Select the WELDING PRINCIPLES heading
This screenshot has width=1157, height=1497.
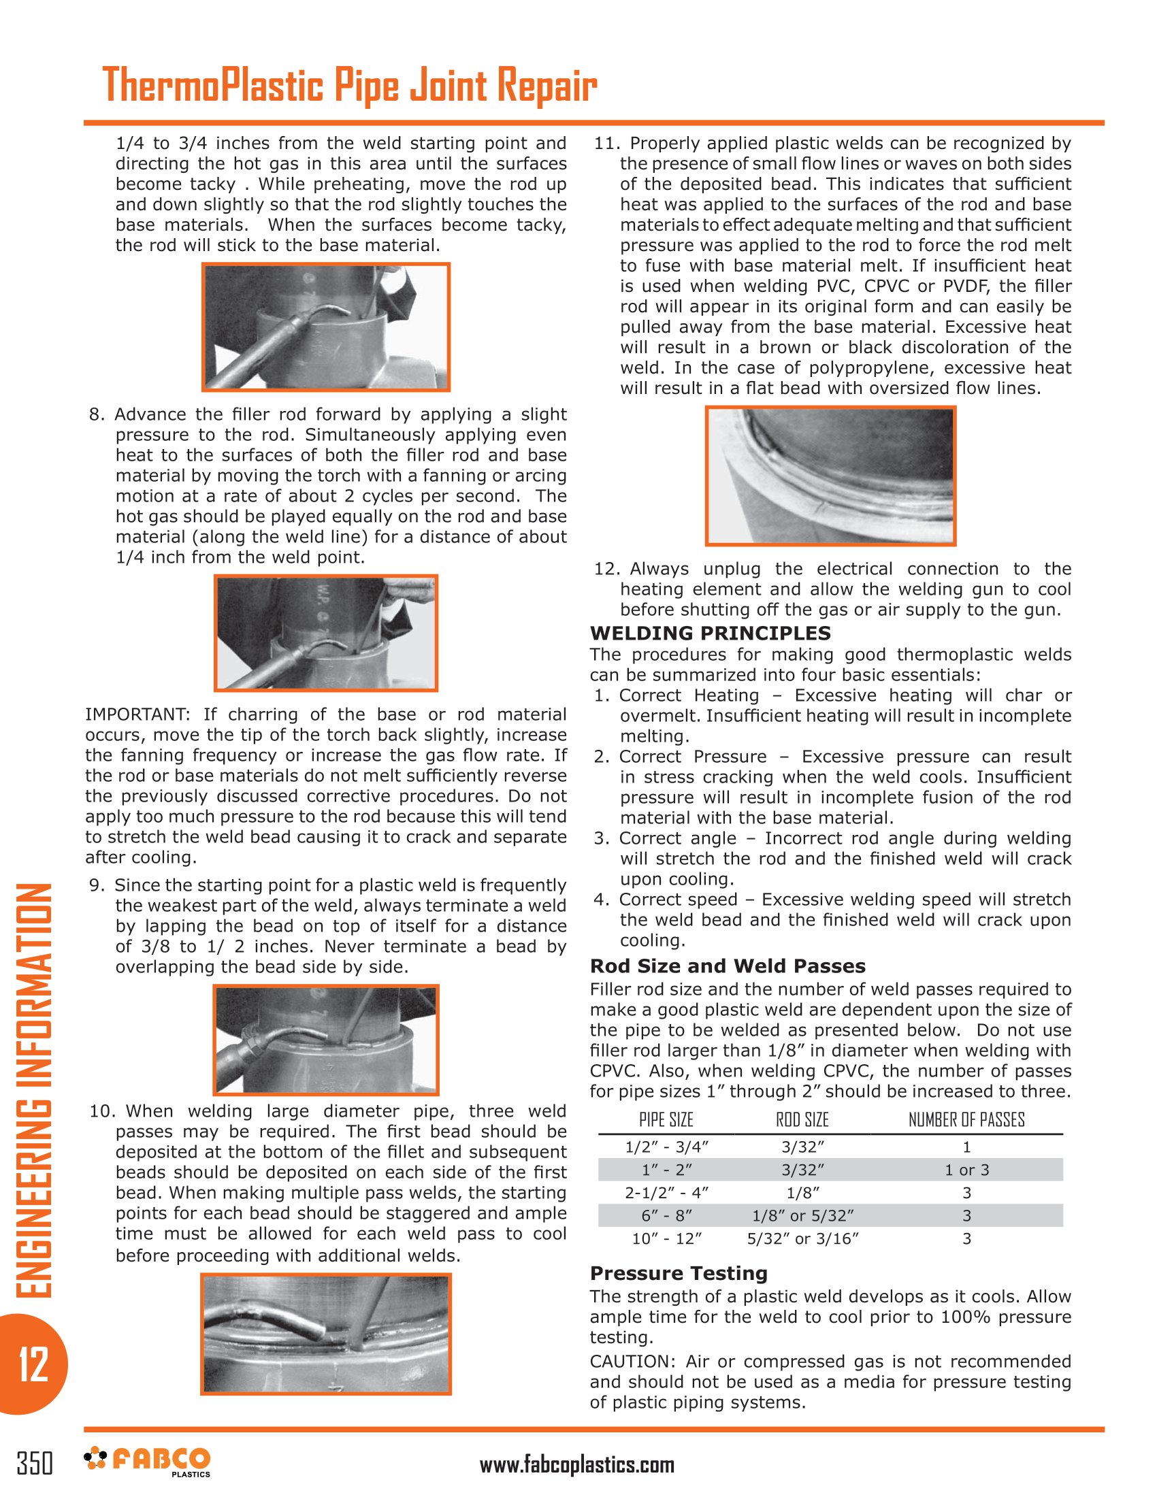click(x=710, y=633)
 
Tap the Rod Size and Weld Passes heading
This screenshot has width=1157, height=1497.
click(x=728, y=966)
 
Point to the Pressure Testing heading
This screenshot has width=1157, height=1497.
click(x=679, y=1273)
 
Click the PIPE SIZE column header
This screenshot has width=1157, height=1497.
click(x=666, y=1119)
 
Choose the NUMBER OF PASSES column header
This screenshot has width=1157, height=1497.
click(x=966, y=1119)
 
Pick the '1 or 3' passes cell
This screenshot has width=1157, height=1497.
click(x=966, y=1170)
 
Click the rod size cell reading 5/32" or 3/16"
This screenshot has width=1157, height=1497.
click(x=802, y=1238)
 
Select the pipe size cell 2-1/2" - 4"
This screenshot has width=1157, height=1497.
click(x=666, y=1193)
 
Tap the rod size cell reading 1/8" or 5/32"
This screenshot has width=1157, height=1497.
click(x=802, y=1216)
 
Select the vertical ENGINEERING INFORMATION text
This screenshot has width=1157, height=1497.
click(x=33, y=1091)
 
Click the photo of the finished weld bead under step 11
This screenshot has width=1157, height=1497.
click(x=830, y=476)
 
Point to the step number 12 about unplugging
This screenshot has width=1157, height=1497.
click(x=606, y=569)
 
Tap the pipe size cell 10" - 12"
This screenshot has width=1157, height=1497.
click(x=666, y=1238)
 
